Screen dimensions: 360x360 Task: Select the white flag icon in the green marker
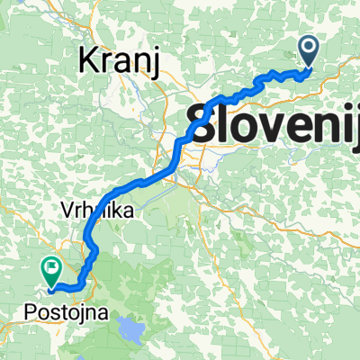pos(49,267)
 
